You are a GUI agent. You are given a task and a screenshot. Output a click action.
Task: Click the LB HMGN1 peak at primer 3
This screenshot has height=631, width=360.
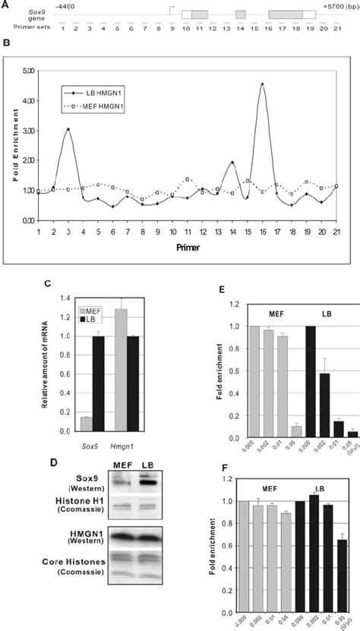point(68,129)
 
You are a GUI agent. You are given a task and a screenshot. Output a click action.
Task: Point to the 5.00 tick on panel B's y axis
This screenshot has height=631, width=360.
point(28,71)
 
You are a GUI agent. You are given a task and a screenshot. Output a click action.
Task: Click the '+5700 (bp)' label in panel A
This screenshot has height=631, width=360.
point(338,6)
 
